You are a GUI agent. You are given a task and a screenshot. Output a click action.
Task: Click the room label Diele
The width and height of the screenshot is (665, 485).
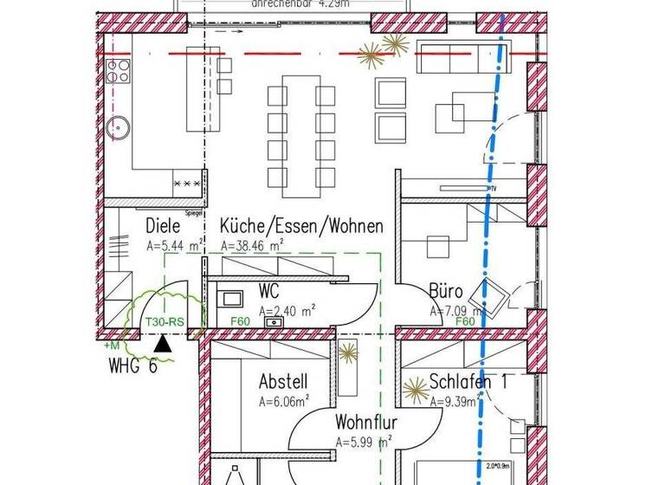[163, 227]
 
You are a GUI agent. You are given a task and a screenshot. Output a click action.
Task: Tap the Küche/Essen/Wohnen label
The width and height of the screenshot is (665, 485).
[301, 226]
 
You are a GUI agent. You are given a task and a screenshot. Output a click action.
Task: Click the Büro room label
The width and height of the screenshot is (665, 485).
[445, 291]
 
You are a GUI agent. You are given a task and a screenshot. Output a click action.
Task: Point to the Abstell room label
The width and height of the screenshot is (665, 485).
[283, 381]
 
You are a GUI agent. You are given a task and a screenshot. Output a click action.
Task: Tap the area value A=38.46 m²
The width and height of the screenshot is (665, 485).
[253, 246]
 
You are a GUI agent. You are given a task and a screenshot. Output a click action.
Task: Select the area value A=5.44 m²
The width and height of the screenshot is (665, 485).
[174, 246]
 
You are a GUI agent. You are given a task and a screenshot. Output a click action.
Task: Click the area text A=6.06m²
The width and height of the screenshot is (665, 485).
[283, 401]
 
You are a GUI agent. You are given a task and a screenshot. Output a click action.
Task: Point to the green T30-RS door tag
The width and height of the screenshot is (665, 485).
[165, 322]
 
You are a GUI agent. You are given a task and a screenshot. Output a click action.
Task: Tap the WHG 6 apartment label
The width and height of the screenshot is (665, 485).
[133, 365]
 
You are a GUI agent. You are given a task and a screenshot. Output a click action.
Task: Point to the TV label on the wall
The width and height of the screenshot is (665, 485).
[495, 188]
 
